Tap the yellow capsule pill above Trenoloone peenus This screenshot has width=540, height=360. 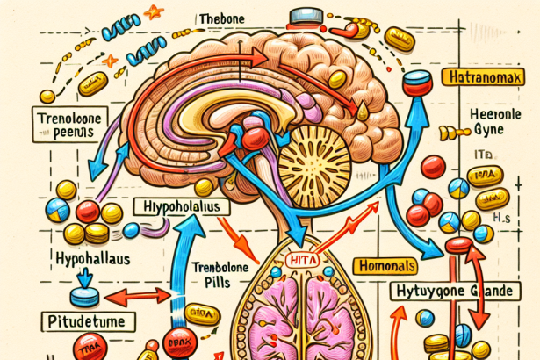coord(90,85)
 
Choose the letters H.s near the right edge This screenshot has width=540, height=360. coord(501,217)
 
